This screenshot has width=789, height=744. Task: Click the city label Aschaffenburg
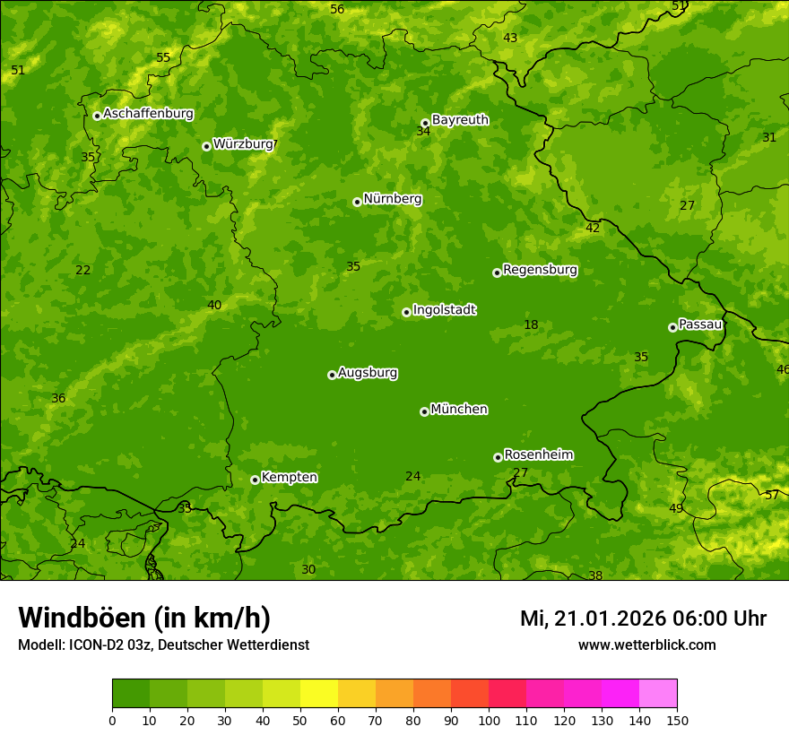(x=148, y=114)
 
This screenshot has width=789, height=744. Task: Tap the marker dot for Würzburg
(x=206, y=146)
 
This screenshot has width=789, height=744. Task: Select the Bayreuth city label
(x=460, y=119)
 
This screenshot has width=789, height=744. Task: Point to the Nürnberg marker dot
(x=357, y=202)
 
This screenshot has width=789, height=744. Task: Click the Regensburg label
(x=540, y=270)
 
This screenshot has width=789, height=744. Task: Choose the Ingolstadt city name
(x=444, y=310)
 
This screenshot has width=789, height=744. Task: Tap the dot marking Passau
(x=672, y=327)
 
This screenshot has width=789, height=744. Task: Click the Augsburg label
(x=368, y=373)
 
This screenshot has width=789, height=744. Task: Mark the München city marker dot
(x=424, y=411)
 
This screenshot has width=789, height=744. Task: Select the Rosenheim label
(x=538, y=454)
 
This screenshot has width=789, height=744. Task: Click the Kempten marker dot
(x=255, y=480)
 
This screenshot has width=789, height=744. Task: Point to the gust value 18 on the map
(x=531, y=325)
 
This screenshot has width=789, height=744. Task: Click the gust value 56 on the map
(x=337, y=9)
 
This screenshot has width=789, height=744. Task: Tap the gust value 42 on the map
(x=593, y=229)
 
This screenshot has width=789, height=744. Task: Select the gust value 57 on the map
(x=772, y=495)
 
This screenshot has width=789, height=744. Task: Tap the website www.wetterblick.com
(x=646, y=645)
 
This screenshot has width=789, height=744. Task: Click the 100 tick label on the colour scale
(x=489, y=720)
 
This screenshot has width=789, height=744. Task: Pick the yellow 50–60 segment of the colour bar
(x=319, y=694)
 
